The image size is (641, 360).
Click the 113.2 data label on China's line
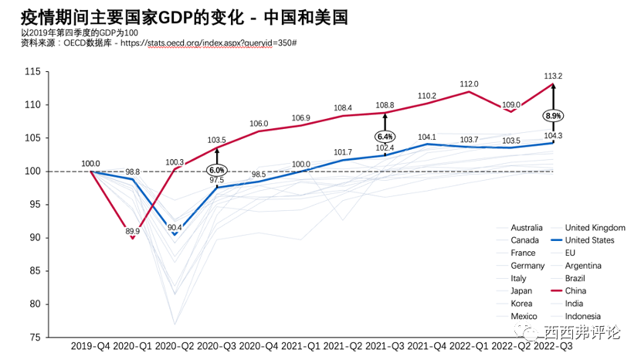point(553,76)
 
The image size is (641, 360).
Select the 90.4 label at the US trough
point(175,227)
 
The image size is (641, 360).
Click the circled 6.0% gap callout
point(216,170)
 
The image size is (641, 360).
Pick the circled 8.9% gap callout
point(553,116)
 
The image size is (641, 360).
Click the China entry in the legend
point(575,291)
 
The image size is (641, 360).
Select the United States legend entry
point(590,240)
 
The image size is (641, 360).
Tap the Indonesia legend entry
point(583,317)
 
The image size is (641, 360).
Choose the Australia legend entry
point(527,228)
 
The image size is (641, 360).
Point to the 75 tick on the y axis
point(36,338)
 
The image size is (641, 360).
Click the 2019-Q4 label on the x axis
point(90,348)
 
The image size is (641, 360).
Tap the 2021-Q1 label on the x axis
point(300,348)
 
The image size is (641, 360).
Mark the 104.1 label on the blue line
point(427,137)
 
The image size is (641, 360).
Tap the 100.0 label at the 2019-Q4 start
point(90,163)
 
